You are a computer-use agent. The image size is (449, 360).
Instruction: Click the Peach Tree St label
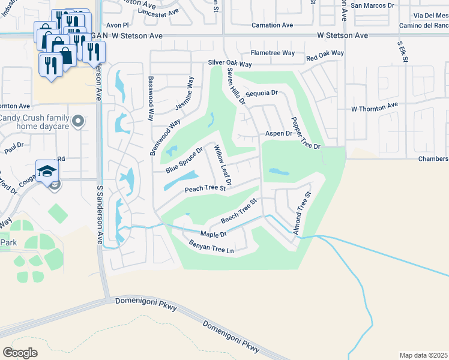[205, 188]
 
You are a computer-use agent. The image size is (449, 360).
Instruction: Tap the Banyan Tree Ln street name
[211, 246]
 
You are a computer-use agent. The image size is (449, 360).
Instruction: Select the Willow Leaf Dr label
[223, 166]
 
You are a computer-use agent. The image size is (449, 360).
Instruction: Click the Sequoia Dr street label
[262, 93]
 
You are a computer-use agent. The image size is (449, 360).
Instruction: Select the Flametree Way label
[273, 53]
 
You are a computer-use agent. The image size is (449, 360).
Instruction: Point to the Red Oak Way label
[325, 54]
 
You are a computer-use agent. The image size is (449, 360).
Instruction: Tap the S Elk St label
[403, 53]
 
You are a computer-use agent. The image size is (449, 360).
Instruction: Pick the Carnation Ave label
[273, 25]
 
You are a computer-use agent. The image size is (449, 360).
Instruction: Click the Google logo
[20, 352]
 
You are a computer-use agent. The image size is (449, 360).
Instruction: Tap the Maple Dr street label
[214, 234]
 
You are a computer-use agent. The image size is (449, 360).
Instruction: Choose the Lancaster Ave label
[158, 12]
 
